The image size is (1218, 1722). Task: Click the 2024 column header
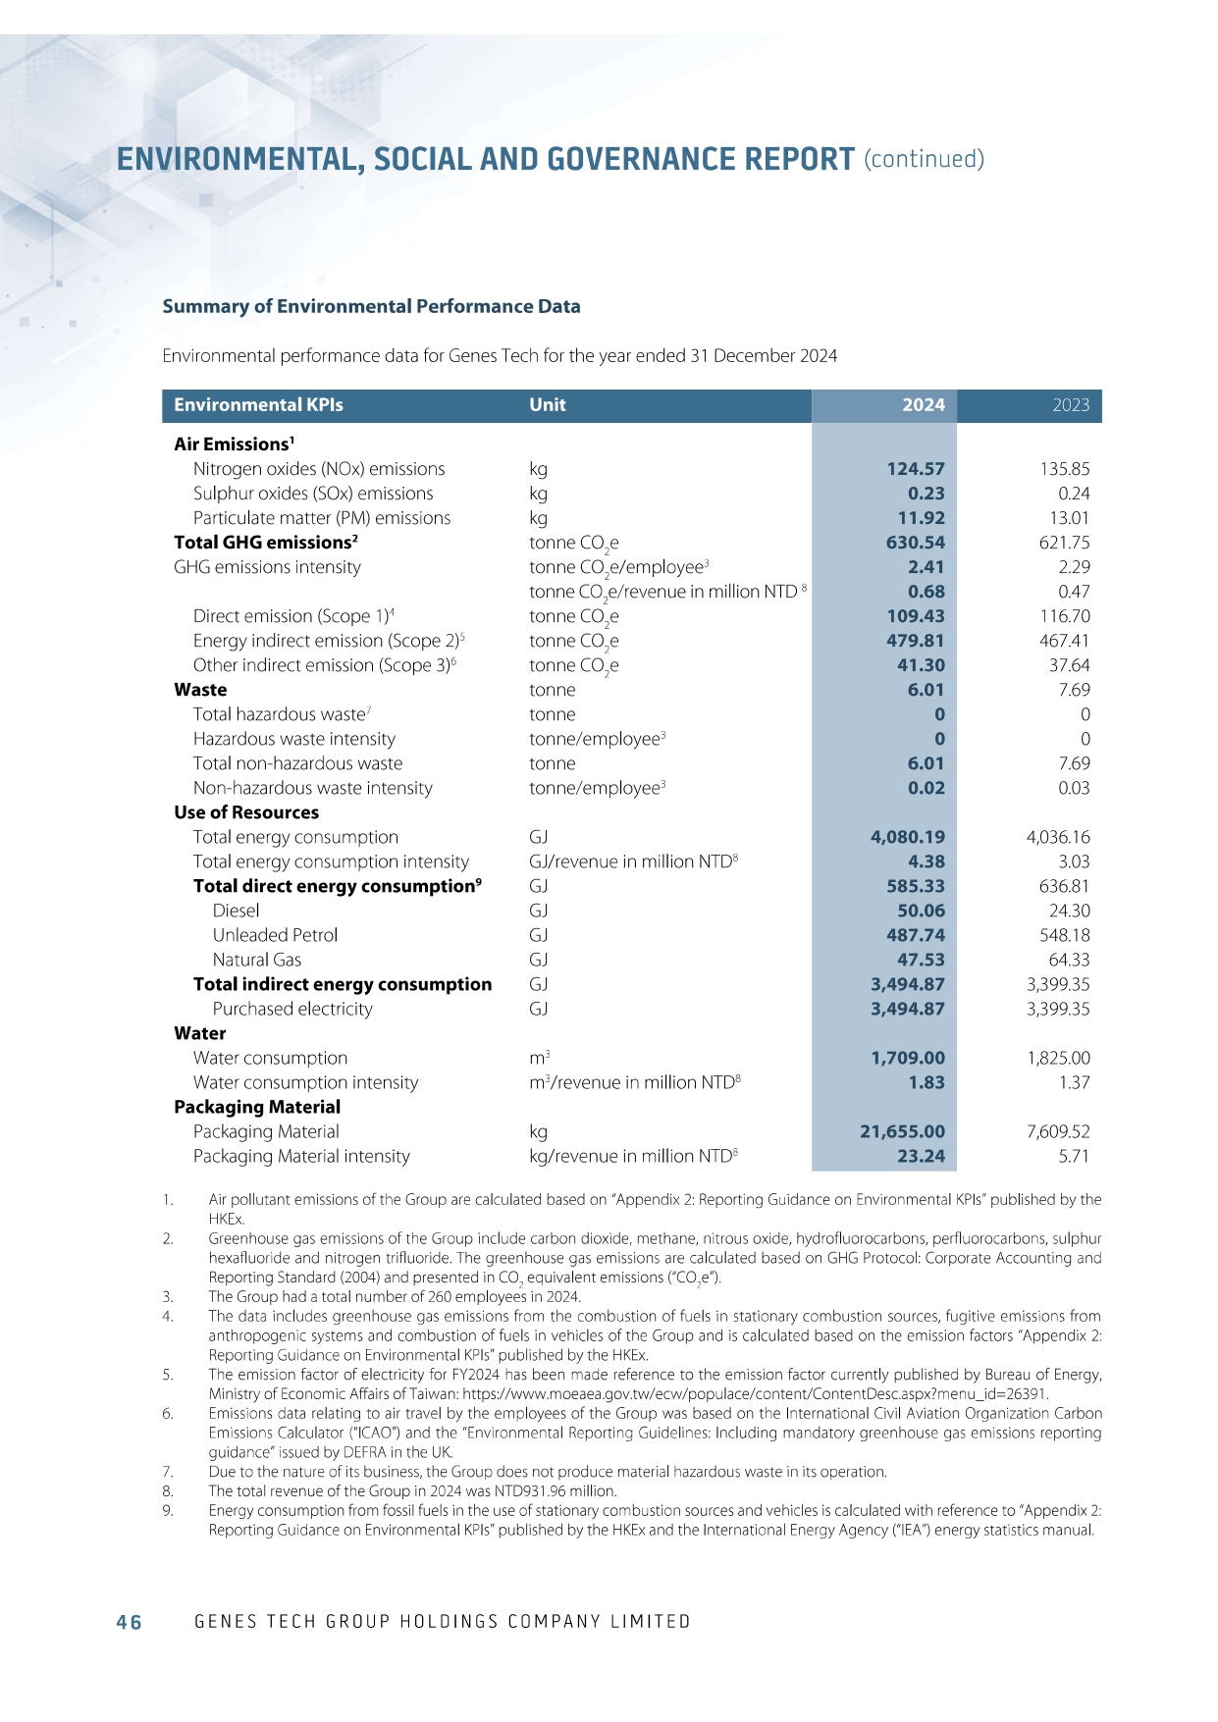pos(923,405)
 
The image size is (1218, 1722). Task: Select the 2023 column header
pos(1070,405)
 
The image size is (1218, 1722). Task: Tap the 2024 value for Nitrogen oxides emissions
pos(915,469)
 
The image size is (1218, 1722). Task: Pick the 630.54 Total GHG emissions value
pos(915,543)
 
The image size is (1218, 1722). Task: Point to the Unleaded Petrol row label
pos(275,935)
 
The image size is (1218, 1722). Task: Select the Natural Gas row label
pos(257,960)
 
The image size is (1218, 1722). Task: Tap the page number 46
pos(129,1622)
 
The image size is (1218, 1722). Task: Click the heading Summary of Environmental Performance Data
pos(371,306)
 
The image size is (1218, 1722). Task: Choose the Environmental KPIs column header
pos(258,405)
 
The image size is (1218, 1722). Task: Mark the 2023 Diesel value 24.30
pos(1069,911)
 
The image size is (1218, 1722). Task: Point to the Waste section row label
pos(200,690)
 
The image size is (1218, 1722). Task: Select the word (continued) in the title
pos(924,159)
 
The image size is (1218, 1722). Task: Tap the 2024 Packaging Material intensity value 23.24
pos(921,1156)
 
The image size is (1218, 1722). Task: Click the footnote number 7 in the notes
pos(168,1472)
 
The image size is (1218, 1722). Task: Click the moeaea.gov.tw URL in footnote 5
pos(755,1394)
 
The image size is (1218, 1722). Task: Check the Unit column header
pos(548,405)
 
